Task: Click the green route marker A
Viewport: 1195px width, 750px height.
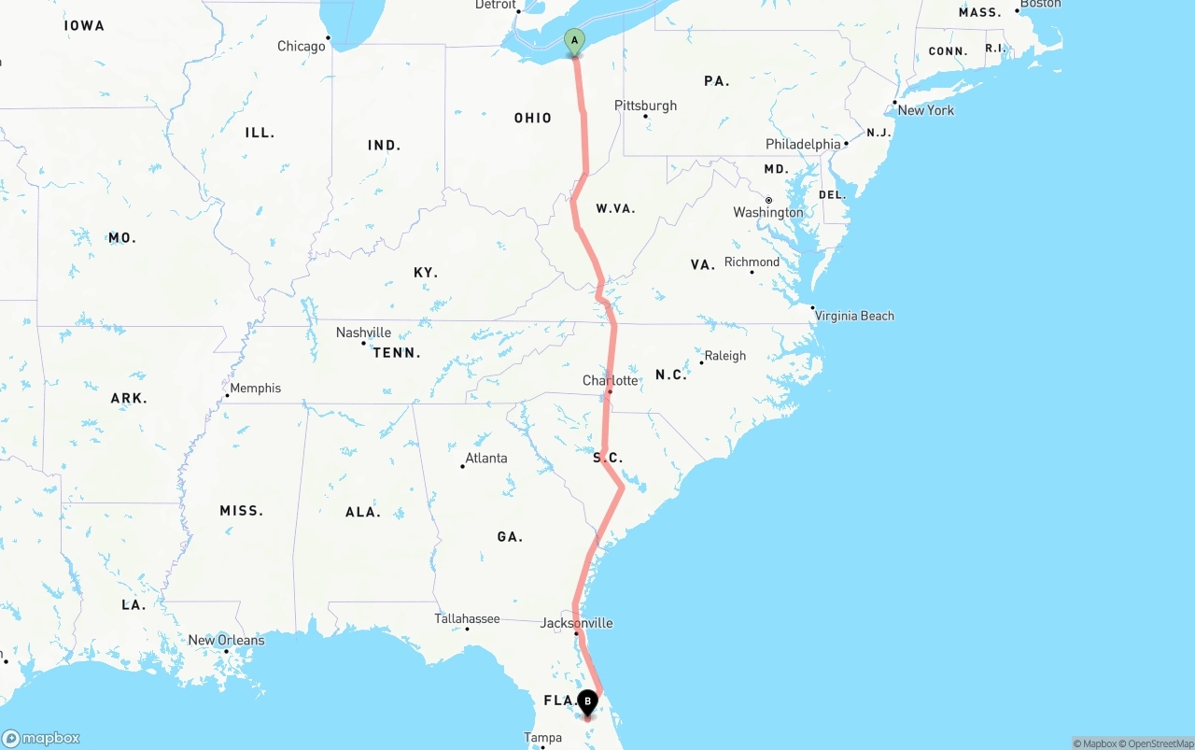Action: pyautogui.click(x=574, y=41)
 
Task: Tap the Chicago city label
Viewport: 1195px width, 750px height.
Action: pyautogui.click(x=301, y=47)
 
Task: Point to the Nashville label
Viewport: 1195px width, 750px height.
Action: pyautogui.click(x=363, y=333)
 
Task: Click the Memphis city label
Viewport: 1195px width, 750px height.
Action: pyautogui.click(x=255, y=389)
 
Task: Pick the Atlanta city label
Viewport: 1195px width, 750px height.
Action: pyautogui.click(x=486, y=458)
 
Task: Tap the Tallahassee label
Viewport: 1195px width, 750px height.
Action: pyautogui.click(x=467, y=618)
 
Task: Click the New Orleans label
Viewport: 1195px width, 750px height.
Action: pyautogui.click(x=226, y=641)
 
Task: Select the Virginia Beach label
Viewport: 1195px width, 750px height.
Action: pyautogui.click(x=854, y=316)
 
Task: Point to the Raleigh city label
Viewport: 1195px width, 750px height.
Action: pyautogui.click(x=725, y=356)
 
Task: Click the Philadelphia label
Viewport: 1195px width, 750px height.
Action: pyautogui.click(x=803, y=145)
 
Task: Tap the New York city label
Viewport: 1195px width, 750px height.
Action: pyautogui.click(x=926, y=110)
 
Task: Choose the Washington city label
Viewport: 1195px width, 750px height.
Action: pyautogui.click(x=768, y=213)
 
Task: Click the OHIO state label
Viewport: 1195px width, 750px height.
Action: pyautogui.click(x=532, y=119)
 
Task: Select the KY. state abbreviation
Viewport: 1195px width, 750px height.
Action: pyautogui.click(x=426, y=273)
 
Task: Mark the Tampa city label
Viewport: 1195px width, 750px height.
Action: pyautogui.click(x=542, y=738)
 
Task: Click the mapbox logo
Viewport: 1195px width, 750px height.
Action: pyautogui.click(x=41, y=739)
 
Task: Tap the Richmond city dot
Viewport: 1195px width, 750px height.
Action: pyautogui.click(x=752, y=272)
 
